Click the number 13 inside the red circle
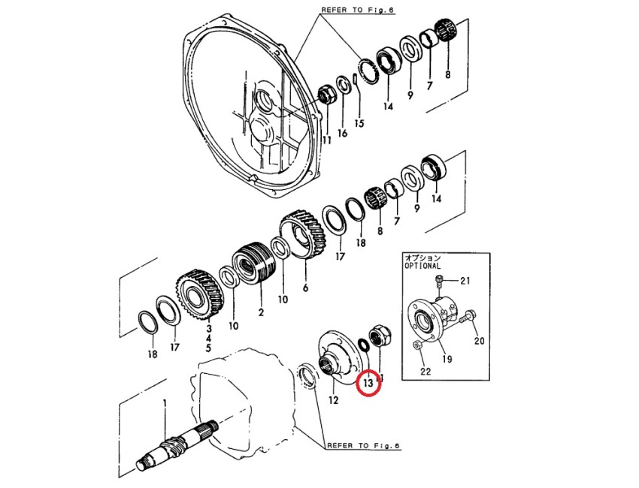[368, 384]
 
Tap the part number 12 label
[332, 400]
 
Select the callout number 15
[359, 124]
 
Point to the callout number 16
[343, 133]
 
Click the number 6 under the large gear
[305, 287]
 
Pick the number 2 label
[261, 311]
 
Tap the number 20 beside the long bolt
[479, 340]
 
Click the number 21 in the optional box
[465, 282]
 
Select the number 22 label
[425, 371]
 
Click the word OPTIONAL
[423, 266]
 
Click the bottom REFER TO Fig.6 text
[362, 445]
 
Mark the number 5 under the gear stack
[208, 348]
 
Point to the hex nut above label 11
[327, 95]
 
